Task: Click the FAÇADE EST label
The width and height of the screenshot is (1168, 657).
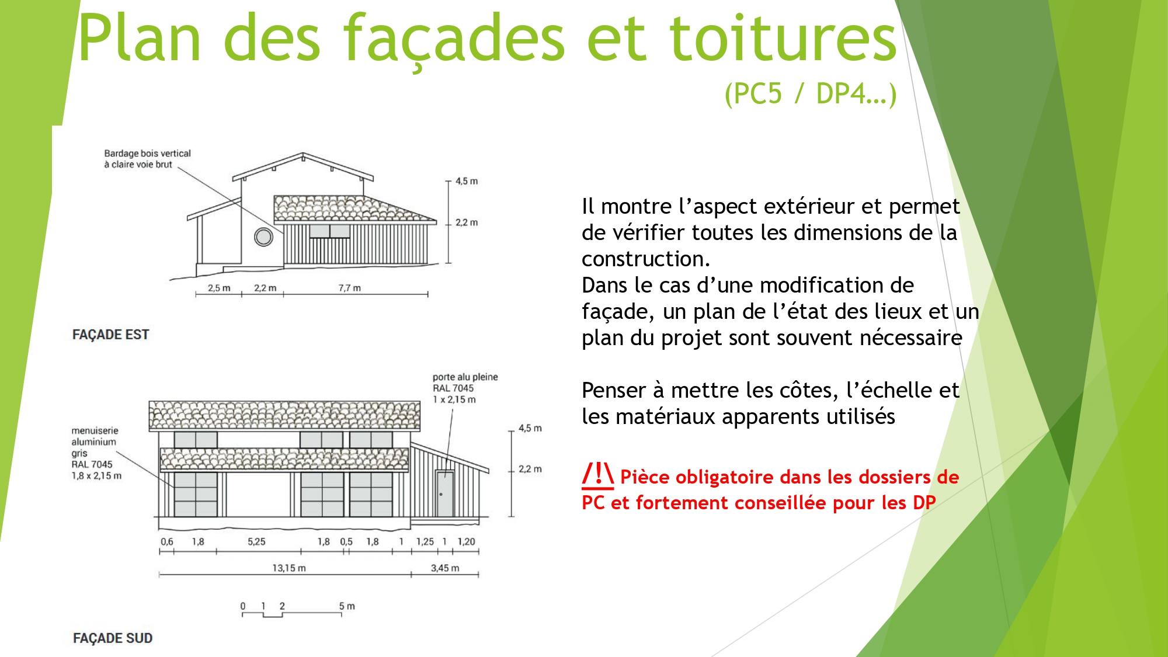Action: point(110,335)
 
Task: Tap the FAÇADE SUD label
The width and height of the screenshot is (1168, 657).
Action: point(113,638)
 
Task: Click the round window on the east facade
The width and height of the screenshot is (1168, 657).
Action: point(263,237)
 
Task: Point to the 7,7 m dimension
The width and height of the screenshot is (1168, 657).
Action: point(349,288)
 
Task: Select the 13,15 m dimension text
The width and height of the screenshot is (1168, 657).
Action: point(289,568)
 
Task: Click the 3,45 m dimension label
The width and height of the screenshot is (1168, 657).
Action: point(445,568)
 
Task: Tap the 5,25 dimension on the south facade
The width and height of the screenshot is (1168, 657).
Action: point(256,541)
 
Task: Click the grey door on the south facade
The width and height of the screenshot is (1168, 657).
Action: point(445,493)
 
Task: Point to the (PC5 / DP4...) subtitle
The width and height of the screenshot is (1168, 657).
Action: point(810,93)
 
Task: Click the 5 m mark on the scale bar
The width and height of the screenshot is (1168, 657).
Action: point(347,606)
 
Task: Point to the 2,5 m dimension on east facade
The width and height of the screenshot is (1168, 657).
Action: point(219,288)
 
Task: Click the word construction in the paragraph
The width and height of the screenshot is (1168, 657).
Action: point(645,259)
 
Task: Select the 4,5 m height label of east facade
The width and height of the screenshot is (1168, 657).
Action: point(467,181)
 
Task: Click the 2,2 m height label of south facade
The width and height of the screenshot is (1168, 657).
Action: point(530,469)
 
